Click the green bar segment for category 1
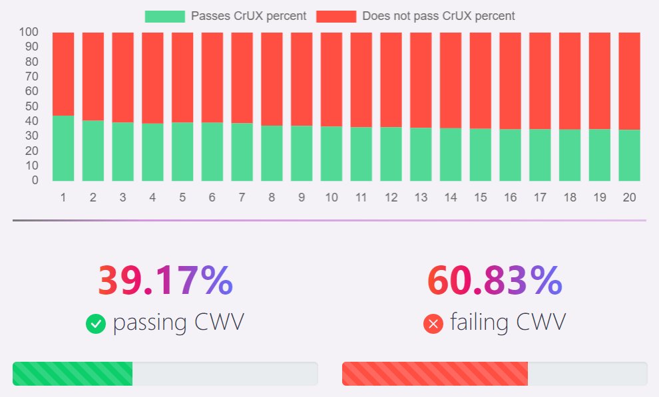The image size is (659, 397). pyautogui.click(x=63, y=148)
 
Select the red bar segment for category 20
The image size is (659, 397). pyautogui.click(x=629, y=80)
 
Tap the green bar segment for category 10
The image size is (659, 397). pyautogui.click(x=331, y=154)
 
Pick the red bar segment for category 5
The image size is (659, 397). pyautogui.click(x=182, y=76)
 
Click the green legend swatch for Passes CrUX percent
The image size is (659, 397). pyautogui.click(x=164, y=16)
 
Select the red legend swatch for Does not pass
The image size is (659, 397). pyautogui.click(x=336, y=16)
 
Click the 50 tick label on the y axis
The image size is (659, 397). pyautogui.click(x=31, y=106)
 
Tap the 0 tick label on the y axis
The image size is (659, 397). pyautogui.click(x=34, y=180)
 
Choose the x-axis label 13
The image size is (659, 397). pyautogui.click(x=421, y=198)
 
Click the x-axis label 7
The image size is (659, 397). pyautogui.click(x=242, y=198)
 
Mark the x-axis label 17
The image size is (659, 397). pyautogui.click(x=540, y=198)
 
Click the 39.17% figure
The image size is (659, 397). pyautogui.click(x=165, y=281)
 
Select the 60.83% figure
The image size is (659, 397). pyautogui.click(x=495, y=281)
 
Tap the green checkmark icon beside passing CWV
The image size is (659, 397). pyautogui.click(x=96, y=324)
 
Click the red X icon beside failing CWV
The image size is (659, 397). pyautogui.click(x=433, y=324)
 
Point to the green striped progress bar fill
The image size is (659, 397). pyautogui.click(x=73, y=374)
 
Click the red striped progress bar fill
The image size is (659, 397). pyautogui.click(x=435, y=374)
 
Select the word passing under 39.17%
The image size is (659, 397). pyautogui.click(x=150, y=323)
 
